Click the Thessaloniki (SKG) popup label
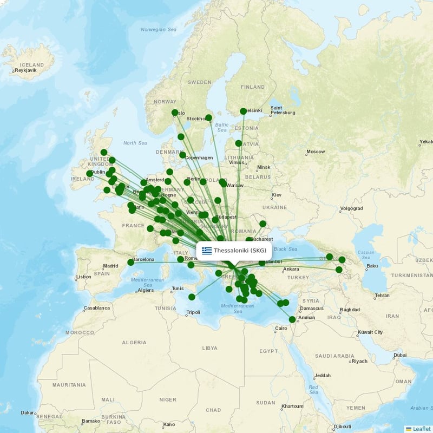(240, 251)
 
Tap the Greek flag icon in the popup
(207, 251)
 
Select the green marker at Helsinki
(243, 111)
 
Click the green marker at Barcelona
(130, 263)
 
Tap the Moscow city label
(316, 152)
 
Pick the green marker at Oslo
(174, 113)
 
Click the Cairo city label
(281, 329)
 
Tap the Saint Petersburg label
(283, 110)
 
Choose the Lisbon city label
(84, 277)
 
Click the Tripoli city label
(193, 312)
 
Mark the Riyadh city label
(359, 361)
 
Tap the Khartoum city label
(293, 406)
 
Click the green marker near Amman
(292, 319)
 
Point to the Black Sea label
(286, 249)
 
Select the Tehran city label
(382, 296)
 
